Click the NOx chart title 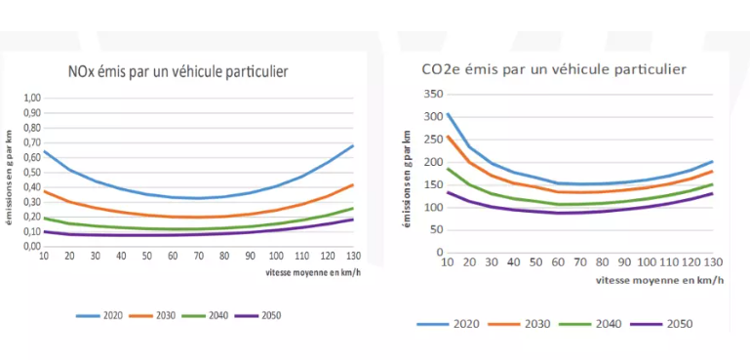(178, 72)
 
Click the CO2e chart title (554, 70)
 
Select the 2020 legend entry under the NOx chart (99, 315)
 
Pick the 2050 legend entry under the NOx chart (257, 315)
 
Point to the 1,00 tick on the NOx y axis (32, 99)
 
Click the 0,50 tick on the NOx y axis (32, 173)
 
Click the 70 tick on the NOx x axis (199, 256)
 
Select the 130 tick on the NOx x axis (353, 256)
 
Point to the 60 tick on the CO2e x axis (557, 262)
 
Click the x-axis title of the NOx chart (313, 272)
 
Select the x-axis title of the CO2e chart (659, 281)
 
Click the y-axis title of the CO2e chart (407, 178)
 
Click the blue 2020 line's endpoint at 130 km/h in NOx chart (353, 145)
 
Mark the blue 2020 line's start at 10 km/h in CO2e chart (448, 114)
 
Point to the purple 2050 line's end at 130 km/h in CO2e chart (713, 193)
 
